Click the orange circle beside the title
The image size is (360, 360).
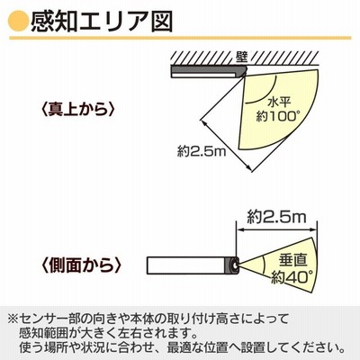[x=19, y=22]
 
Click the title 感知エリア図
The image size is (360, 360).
[x=102, y=22]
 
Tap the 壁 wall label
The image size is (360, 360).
[x=241, y=58]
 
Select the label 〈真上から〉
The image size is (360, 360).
[x=77, y=110]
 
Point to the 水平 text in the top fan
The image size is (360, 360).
[x=279, y=102]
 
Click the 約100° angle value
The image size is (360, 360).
[x=278, y=116]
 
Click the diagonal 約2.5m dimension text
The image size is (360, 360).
[x=202, y=151]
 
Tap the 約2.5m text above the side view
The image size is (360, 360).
[x=276, y=217]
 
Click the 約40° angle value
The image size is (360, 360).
[x=292, y=277]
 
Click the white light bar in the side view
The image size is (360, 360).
[x=186, y=265]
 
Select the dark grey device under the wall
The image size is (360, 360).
[x=209, y=72]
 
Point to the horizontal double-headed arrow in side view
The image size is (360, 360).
[x=276, y=230]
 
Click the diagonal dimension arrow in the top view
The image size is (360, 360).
[x=226, y=146]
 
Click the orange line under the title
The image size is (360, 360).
[x=180, y=38]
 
